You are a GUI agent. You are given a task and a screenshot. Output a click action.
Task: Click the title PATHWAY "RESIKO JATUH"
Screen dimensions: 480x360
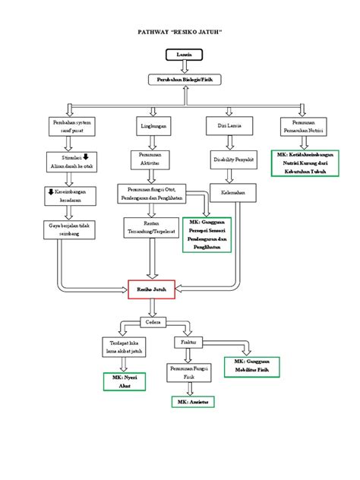click(x=179, y=35)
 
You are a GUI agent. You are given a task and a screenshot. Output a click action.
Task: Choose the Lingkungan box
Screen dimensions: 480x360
click(x=154, y=125)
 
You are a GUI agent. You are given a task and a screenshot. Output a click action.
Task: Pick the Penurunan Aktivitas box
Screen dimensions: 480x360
click(x=154, y=159)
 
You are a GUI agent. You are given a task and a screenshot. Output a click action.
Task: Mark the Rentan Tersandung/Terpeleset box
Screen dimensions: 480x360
click(x=154, y=228)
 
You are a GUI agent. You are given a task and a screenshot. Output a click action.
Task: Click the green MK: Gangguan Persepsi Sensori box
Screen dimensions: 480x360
click(x=205, y=237)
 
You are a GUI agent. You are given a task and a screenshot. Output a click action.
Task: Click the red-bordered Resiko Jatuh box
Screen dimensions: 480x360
click(x=152, y=289)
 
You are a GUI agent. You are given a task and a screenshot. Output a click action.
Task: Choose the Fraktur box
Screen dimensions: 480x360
click(x=190, y=343)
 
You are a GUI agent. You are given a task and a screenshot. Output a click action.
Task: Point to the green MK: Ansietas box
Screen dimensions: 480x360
click(x=193, y=401)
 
